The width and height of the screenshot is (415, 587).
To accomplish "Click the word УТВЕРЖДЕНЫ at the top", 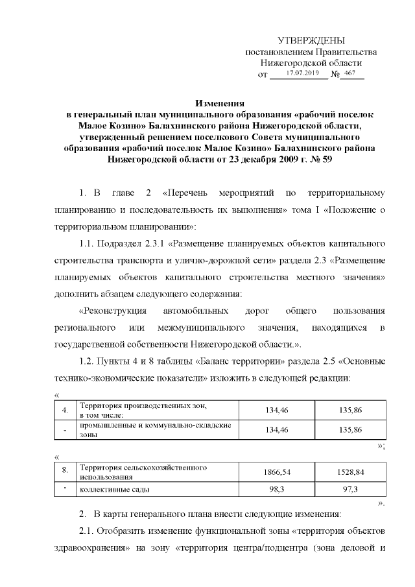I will point(311,40).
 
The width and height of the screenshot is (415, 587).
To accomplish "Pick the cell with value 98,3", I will point(276,488).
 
